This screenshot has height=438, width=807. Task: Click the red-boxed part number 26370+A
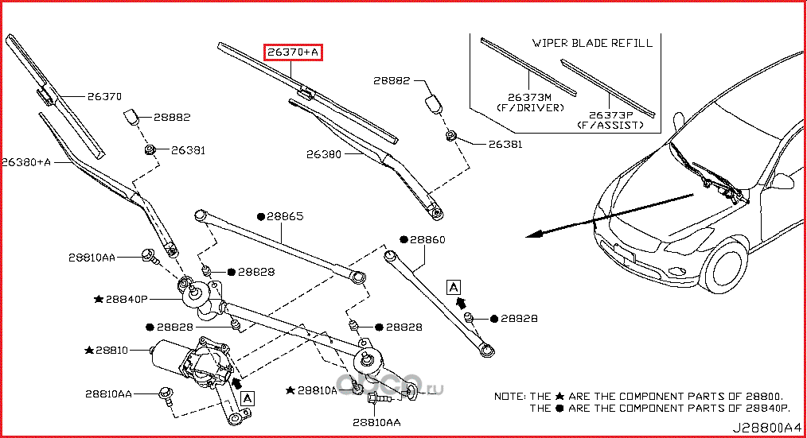pos(293,52)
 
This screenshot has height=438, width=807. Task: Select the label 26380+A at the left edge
pos(25,161)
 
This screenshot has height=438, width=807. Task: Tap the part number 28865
pos(285,215)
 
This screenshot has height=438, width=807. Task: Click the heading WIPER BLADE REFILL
pos(592,43)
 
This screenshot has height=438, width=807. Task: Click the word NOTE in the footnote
pos(509,395)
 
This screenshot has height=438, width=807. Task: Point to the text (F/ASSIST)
pos(610,126)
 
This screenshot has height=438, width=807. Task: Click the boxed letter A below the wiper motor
pos(248,397)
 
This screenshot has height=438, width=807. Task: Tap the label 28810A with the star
pos(317,390)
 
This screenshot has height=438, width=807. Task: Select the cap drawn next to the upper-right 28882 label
pos(435,105)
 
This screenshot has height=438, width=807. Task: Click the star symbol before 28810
pos(88,350)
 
